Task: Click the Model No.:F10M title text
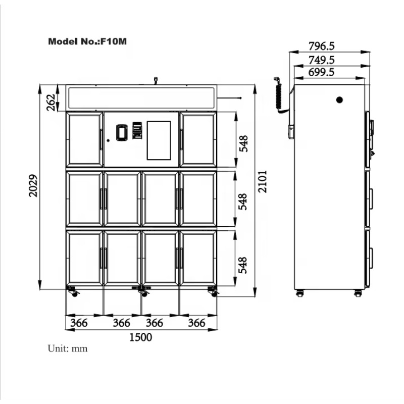coord(87,41)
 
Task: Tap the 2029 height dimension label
coord(33,186)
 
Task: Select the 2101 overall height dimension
coord(263,181)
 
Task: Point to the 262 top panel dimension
coord(51,103)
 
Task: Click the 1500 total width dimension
coord(141,337)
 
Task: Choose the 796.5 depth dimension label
coord(322,46)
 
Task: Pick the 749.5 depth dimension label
coord(322,60)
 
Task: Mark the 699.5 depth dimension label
coord(321,72)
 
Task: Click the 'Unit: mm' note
coord(68,348)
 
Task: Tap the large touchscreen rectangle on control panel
coord(159,140)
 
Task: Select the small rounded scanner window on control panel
coord(122,132)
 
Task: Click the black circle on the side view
coord(339,99)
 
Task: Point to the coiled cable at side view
coord(279,95)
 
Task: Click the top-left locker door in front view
coord(85,139)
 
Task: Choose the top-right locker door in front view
coord(198,139)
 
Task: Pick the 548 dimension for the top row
coord(243,143)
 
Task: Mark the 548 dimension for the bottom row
coord(242,265)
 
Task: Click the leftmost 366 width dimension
coord(79,323)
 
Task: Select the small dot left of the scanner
coord(108,140)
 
